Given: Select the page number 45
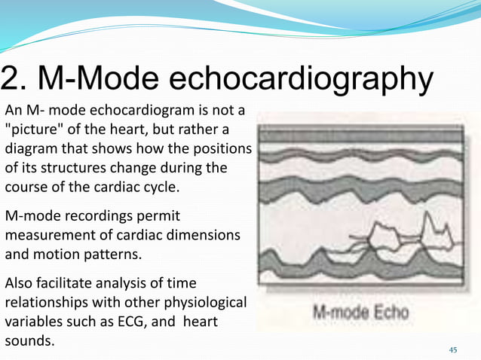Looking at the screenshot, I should [452, 349].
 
